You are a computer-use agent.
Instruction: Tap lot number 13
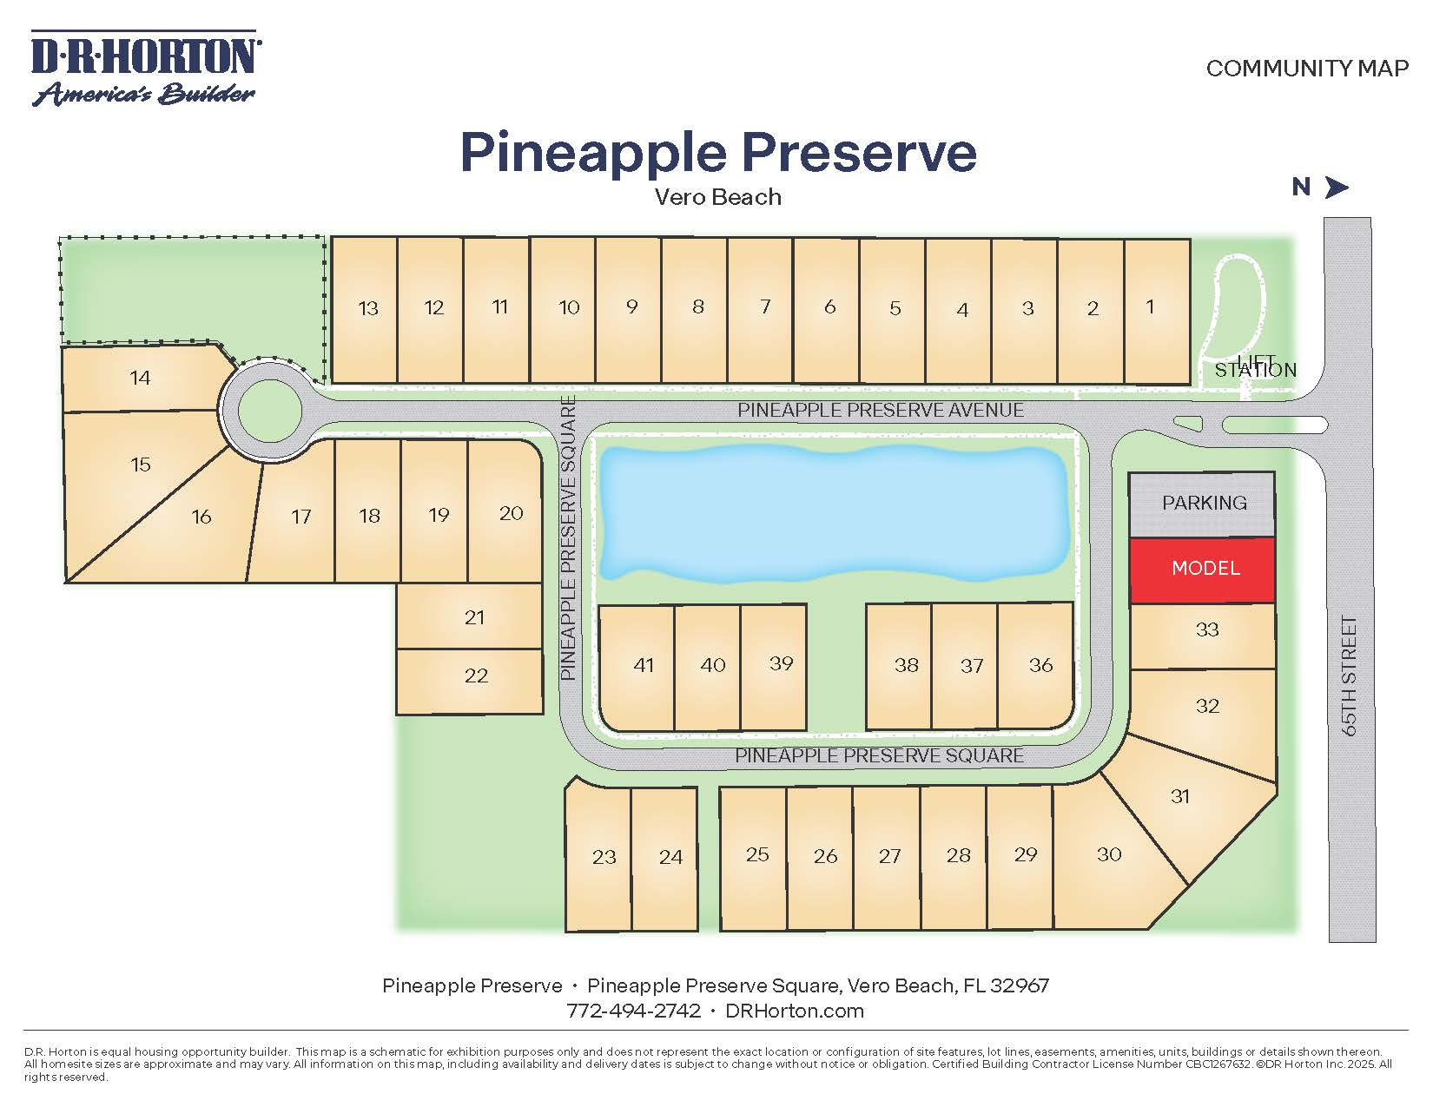[366, 309]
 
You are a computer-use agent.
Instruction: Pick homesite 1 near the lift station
[1156, 309]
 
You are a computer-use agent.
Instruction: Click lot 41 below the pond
[639, 666]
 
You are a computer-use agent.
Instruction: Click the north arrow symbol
[1336, 187]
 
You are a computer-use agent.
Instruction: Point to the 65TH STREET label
[1349, 675]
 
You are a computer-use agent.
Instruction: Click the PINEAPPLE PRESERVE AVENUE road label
[880, 410]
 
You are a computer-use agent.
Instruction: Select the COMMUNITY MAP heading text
[1307, 69]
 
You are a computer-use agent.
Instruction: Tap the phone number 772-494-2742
[633, 1011]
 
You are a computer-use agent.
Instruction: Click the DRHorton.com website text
[794, 1011]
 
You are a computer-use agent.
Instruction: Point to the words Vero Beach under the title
[717, 197]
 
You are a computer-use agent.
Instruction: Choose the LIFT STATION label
[1255, 367]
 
